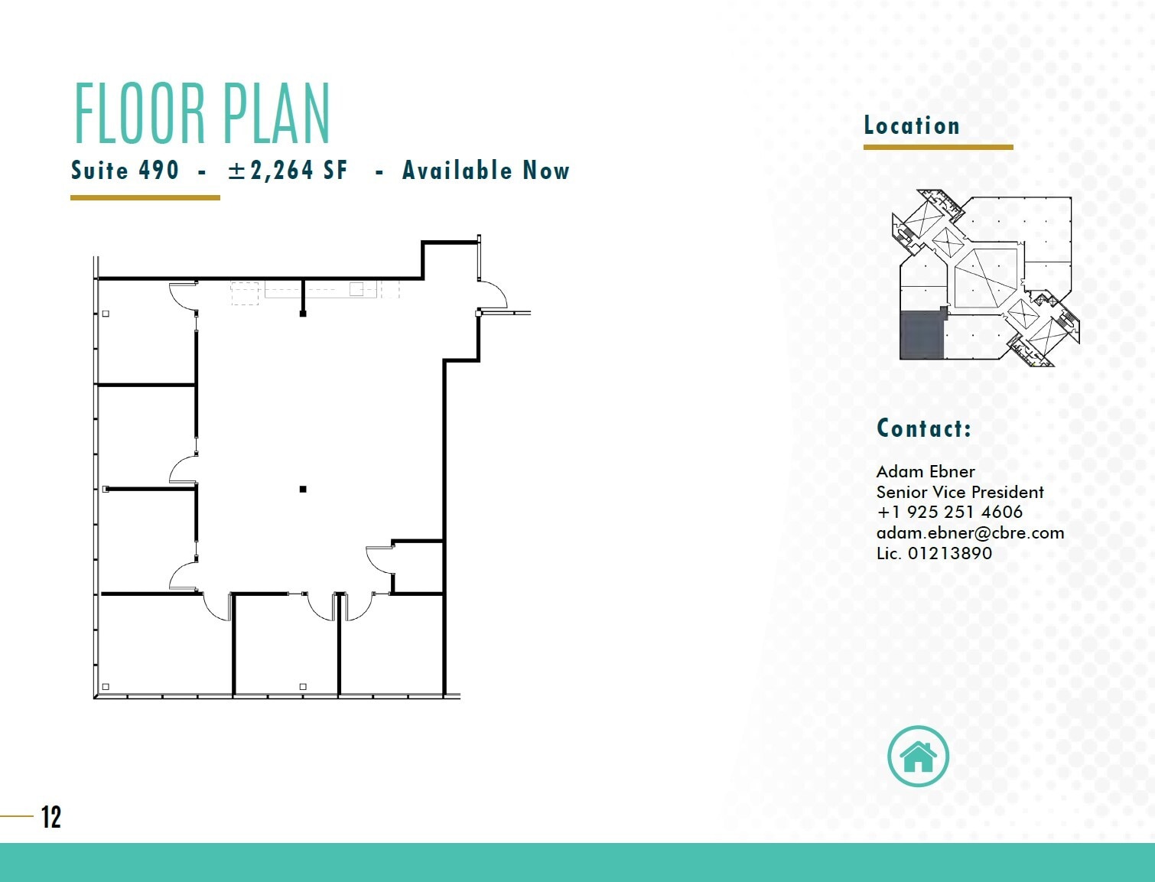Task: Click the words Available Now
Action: tap(486, 170)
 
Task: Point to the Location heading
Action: tap(911, 125)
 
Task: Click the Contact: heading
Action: tap(923, 428)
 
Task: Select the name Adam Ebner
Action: tap(926, 471)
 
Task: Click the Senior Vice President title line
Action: tap(960, 492)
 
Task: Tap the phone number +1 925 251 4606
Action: tap(949, 512)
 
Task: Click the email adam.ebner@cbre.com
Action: tap(970, 532)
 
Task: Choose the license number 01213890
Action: tap(949, 553)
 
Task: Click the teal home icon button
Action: tap(918, 756)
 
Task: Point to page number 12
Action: tap(51, 817)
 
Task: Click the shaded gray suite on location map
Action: tap(922, 335)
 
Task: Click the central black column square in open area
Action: tap(303, 489)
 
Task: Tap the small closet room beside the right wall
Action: tap(418, 567)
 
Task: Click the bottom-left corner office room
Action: tap(165, 644)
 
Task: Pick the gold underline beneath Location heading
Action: tap(938, 147)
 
